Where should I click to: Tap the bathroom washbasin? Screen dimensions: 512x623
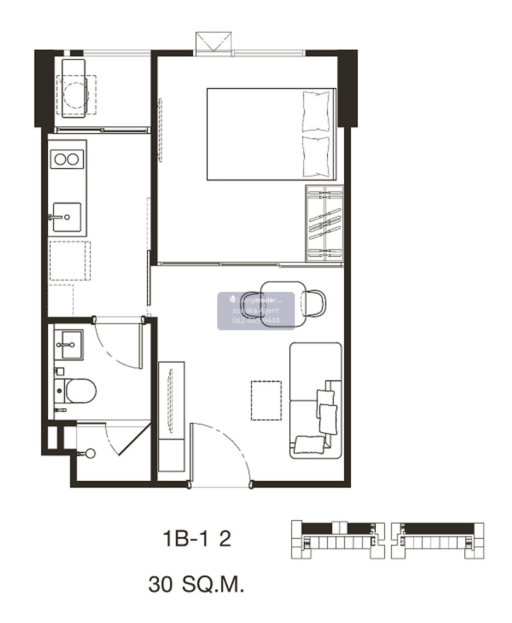click(x=69, y=344)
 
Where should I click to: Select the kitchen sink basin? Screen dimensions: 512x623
click(x=67, y=217)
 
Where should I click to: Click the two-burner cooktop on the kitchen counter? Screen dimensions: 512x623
click(x=67, y=159)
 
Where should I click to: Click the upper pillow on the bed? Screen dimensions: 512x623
click(x=316, y=112)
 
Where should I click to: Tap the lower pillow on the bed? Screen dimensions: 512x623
click(x=316, y=156)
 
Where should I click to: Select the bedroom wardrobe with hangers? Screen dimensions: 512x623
click(x=324, y=224)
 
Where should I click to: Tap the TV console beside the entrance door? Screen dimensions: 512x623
click(x=172, y=416)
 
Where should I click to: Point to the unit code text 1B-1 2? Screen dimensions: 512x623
click(x=197, y=538)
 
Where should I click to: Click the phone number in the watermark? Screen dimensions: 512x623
click(x=256, y=320)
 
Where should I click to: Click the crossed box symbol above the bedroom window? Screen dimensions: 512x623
click(x=213, y=42)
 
